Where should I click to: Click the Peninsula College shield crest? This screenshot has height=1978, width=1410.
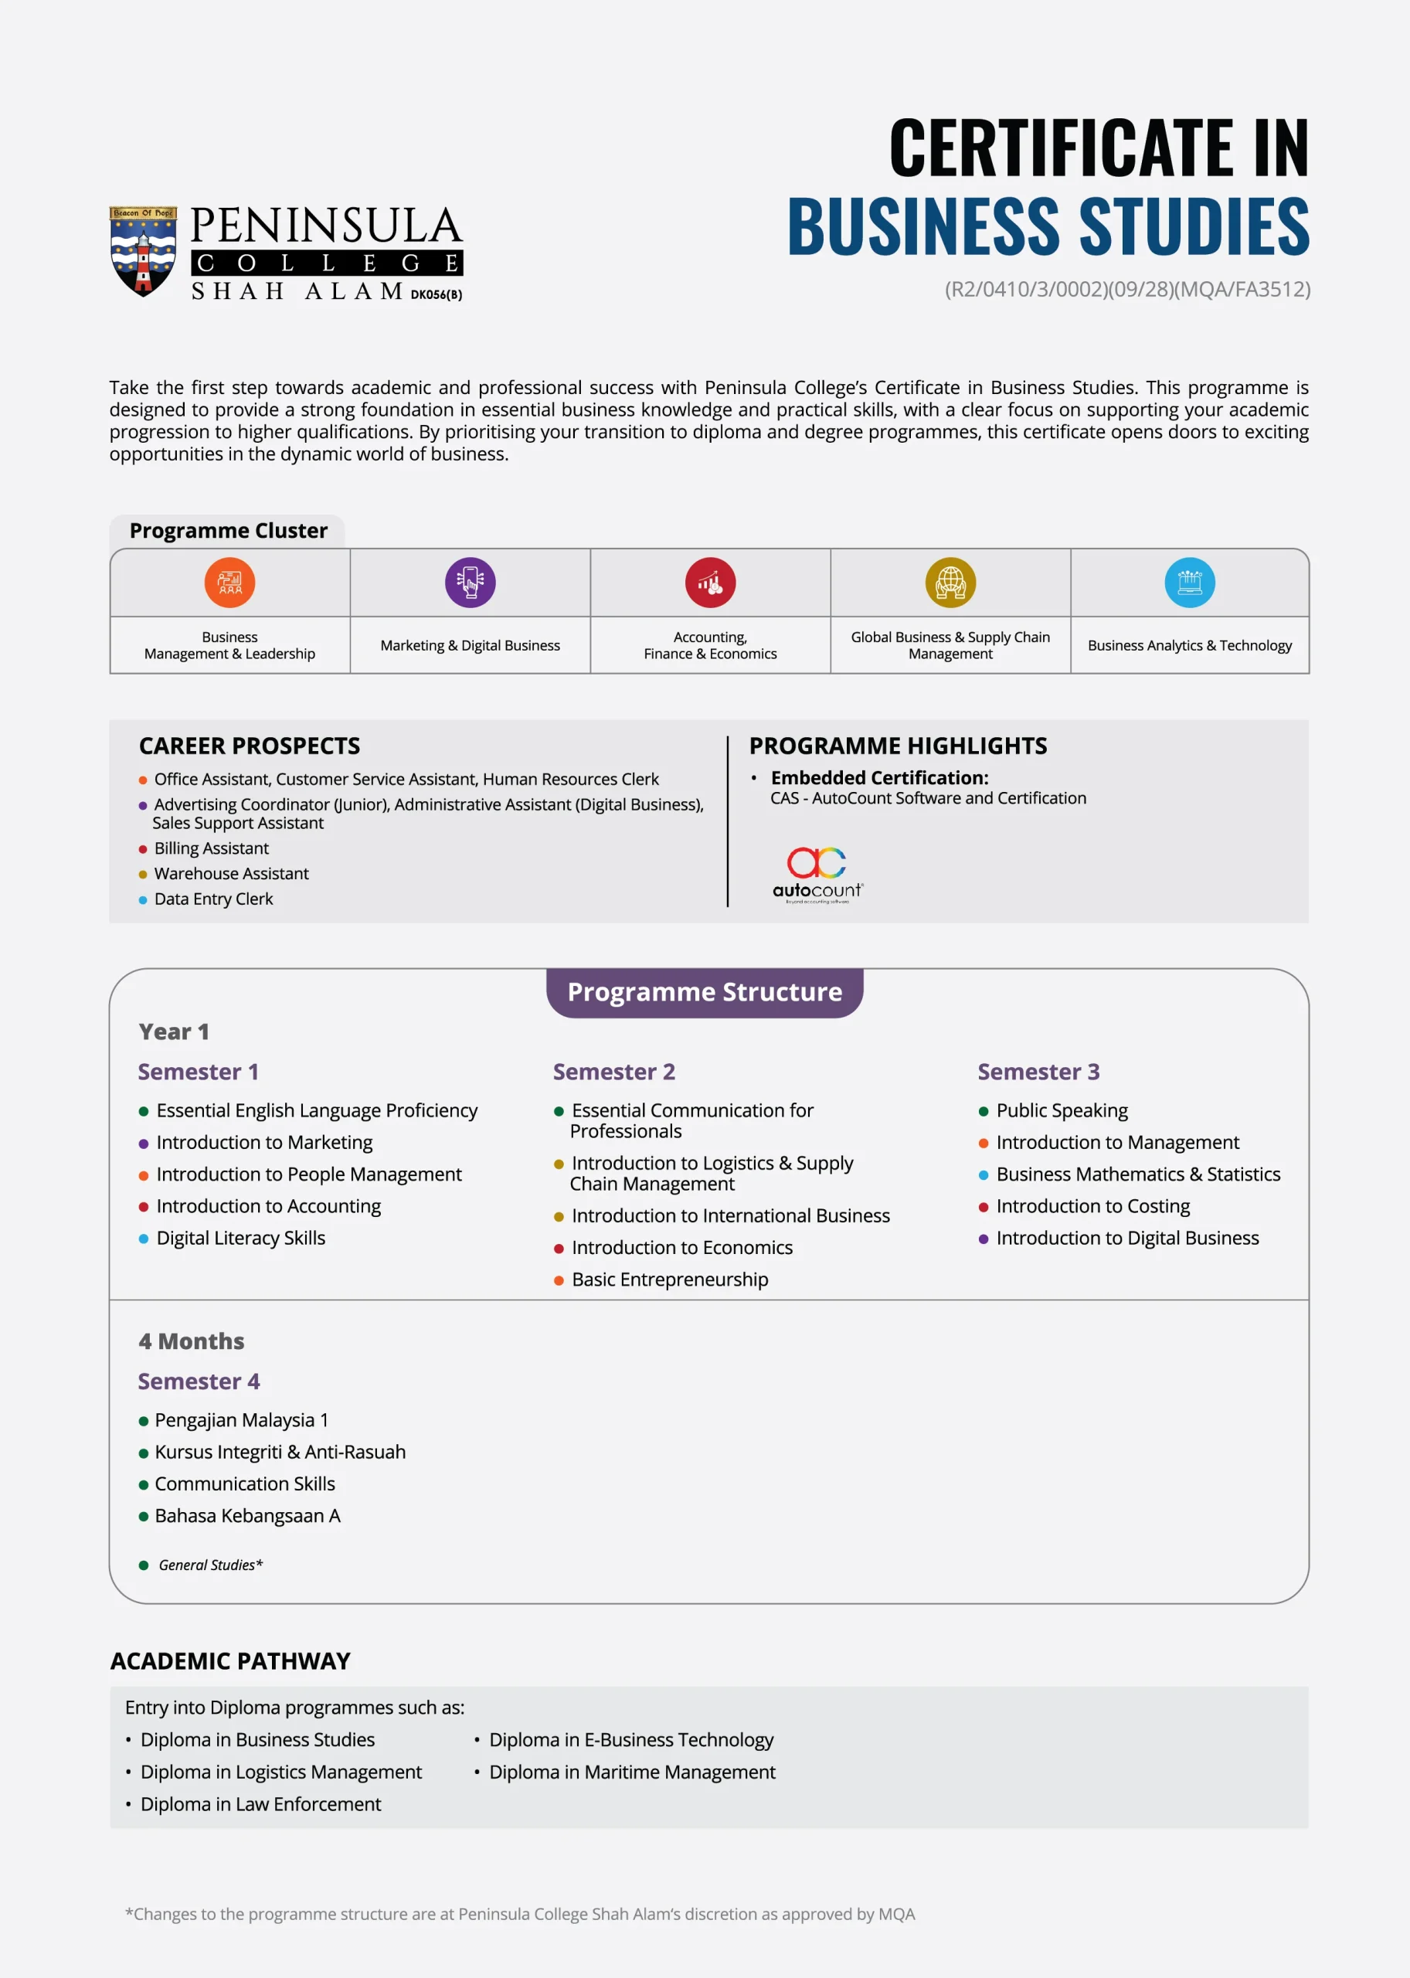[x=143, y=251]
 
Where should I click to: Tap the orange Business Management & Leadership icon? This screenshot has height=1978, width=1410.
[x=230, y=582]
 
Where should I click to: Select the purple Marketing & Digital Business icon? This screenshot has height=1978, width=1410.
[x=470, y=582]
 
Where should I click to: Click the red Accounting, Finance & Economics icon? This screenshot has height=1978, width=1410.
[x=710, y=582]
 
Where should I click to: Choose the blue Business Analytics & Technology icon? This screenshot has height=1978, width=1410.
[x=1190, y=582]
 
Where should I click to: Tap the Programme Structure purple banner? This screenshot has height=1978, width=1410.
[x=704, y=991]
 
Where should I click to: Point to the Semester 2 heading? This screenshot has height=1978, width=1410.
[x=614, y=1072]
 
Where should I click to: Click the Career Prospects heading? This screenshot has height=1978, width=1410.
[x=250, y=746]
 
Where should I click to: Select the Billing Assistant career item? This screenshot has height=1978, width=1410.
[x=211, y=848]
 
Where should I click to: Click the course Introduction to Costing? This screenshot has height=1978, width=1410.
[x=1092, y=1206]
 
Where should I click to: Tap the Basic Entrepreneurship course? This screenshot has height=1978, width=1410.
[x=669, y=1279]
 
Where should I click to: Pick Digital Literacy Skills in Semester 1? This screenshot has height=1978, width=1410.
[x=240, y=1239]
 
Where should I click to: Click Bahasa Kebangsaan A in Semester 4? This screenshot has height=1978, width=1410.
[x=247, y=1515]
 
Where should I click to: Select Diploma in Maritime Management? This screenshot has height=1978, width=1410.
[x=632, y=1772]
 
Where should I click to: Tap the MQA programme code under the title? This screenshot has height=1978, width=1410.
[x=1127, y=289]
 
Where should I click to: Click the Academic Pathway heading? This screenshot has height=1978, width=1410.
[x=230, y=1661]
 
